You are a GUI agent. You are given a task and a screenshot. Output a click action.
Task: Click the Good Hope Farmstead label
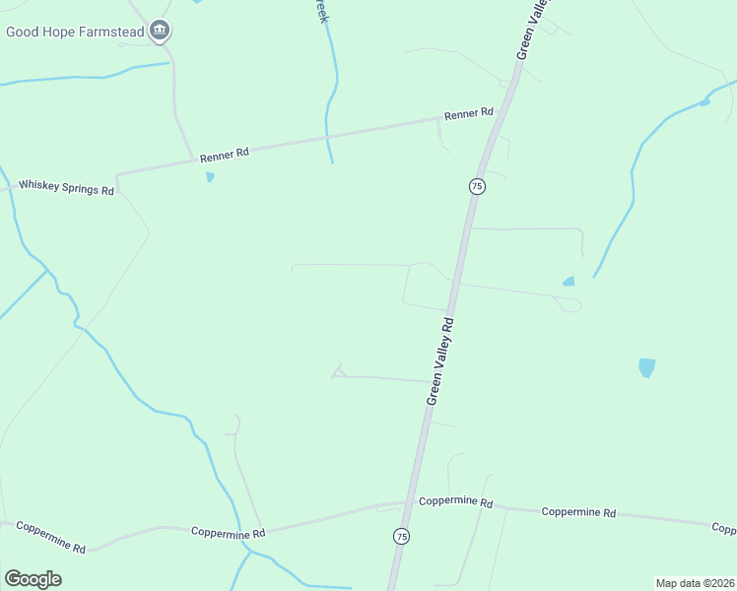[x=76, y=32]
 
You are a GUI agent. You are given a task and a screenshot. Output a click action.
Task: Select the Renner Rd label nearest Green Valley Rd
[x=468, y=114]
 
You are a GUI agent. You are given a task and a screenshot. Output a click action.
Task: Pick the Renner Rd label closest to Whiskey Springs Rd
[x=224, y=155]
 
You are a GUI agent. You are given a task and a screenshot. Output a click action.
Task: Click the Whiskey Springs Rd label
[x=67, y=185]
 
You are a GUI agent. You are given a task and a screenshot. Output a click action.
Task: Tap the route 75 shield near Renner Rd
[x=477, y=186]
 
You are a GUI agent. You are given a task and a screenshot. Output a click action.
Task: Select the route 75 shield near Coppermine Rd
[x=401, y=536]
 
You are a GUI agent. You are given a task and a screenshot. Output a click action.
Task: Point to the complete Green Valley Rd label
[x=440, y=361]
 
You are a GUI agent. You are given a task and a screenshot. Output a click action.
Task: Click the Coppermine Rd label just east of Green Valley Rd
[x=455, y=501]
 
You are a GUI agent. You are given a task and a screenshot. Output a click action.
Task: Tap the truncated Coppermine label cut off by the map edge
[x=724, y=529]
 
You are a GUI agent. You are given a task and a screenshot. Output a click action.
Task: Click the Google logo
[x=33, y=579]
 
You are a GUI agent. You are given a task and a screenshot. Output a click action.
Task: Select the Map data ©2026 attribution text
[x=696, y=583]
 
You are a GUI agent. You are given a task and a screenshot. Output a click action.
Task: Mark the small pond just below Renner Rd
[x=210, y=177]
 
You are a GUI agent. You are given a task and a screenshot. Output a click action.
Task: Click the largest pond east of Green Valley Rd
[x=646, y=367]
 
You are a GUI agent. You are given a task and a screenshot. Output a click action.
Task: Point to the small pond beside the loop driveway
[x=569, y=282]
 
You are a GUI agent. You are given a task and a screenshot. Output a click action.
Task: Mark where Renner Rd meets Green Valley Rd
[x=501, y=110]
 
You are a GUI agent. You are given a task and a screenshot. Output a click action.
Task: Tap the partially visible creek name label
[x=319, y=12]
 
